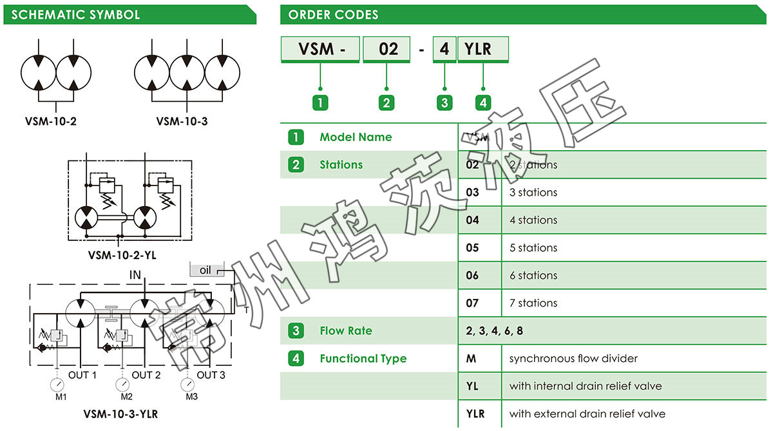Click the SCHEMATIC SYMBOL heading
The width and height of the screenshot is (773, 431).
[75, 15]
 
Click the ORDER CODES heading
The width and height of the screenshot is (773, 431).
[333, 15]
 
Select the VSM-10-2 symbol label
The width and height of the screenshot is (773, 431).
[51, 120]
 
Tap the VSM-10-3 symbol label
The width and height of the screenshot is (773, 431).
[182, 120]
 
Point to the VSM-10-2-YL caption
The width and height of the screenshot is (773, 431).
[122, 255]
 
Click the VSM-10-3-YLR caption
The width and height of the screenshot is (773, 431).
[120, 414]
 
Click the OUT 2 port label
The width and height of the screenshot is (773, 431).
[146, 375]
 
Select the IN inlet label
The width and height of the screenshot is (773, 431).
[135, 275]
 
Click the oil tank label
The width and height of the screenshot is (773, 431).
[205, 271]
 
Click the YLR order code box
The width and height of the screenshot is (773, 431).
[482, 49]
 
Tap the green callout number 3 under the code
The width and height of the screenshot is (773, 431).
[444, 102]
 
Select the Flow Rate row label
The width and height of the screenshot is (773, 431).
[346, 331]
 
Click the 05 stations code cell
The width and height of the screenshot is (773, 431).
[473, 248]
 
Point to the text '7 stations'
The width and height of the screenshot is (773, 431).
[533, 303]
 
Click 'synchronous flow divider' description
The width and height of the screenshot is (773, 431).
[573, 359]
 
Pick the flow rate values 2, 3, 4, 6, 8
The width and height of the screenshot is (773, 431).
[495, 331]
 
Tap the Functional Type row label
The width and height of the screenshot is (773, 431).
[363, 359]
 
